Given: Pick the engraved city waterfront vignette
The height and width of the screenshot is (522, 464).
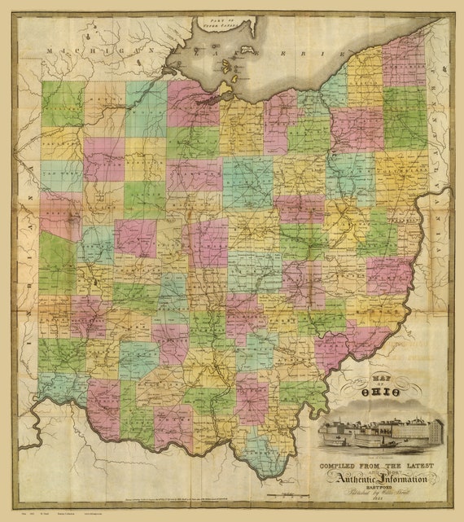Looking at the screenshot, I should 381,432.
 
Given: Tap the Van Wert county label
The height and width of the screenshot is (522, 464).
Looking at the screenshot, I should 61,175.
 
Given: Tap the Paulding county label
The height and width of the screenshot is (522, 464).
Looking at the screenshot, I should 61,147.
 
